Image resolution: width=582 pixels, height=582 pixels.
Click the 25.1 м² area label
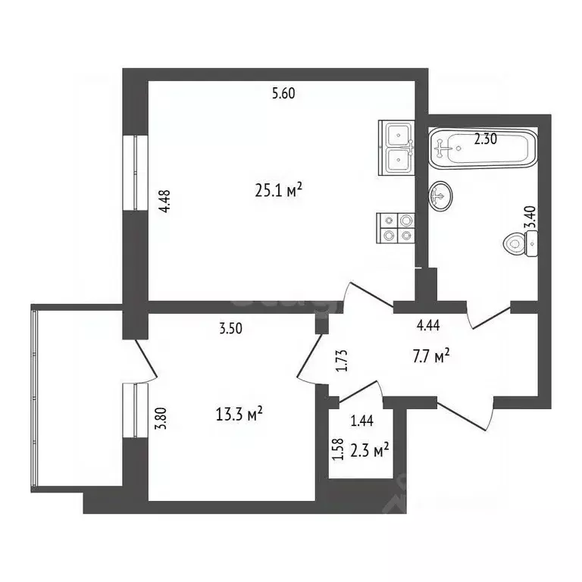coord(280,189)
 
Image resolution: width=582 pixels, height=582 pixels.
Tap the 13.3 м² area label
coord(239,413)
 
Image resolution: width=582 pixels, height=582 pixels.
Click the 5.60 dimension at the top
coord(283,94)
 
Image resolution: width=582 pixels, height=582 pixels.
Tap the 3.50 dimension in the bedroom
coord(231,330)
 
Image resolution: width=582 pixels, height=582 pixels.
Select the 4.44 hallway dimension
coord(430,327)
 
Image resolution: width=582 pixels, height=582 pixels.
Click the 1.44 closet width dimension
coord(361,421)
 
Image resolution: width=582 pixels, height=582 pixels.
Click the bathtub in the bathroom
coord(483,149)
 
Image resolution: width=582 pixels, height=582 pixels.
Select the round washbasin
coord(443,196)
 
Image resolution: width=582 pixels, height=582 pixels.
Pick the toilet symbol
coord(519,243)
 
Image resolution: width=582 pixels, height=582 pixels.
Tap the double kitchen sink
coord(397,149)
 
